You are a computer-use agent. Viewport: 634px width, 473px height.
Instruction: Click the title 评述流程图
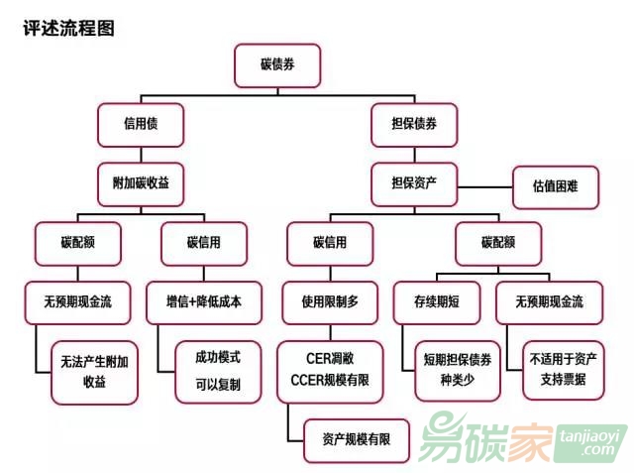[68, 28]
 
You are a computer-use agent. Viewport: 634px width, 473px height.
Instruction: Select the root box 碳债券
[276, 64]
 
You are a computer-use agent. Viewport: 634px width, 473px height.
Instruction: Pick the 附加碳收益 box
[141, 183]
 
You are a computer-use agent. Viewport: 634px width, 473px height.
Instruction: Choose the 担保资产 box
[414, 183]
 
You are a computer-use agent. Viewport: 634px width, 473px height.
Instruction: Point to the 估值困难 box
[555, 185]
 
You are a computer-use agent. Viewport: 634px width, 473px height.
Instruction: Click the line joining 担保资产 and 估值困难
[484, 185]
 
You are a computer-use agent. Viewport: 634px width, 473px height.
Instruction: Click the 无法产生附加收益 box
[94, 370]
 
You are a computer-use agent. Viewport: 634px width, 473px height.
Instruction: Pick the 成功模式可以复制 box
[217, 370]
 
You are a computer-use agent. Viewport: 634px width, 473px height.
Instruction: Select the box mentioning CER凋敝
[329, 370]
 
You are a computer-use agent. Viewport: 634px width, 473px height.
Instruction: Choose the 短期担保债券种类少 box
[458, 370]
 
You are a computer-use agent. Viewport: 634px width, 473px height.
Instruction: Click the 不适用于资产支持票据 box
[563, 370]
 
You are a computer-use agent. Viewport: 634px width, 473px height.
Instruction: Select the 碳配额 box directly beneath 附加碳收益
[77, 242]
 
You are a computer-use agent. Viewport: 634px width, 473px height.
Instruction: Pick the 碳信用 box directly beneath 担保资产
[330, 242]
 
